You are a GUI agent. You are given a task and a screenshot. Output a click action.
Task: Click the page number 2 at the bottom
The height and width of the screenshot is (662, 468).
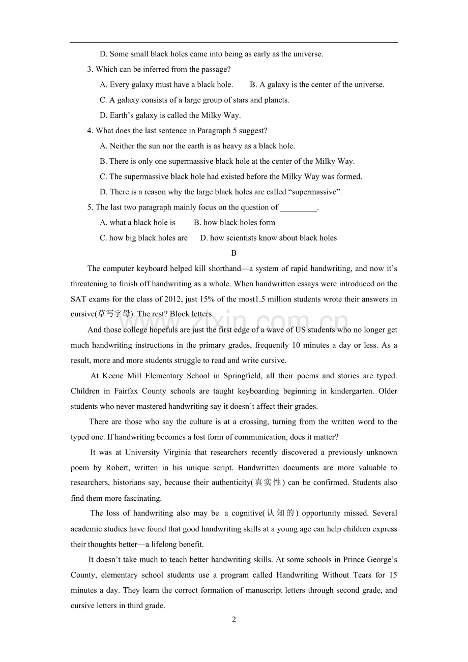coord(234,620)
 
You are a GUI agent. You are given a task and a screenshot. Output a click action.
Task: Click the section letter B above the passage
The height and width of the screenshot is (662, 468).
coord(234,253)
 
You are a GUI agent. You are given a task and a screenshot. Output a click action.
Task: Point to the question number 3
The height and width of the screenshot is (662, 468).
coord(90,70)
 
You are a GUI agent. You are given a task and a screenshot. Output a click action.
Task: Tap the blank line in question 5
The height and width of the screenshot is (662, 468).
coord(298,207)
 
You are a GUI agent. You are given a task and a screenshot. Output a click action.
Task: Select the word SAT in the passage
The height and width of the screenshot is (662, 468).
coord(78,299)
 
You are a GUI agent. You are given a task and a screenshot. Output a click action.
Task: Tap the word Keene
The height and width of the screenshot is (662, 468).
coord(113,376)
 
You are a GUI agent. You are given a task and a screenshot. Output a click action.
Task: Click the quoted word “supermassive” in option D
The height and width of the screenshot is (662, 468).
coord(315,192)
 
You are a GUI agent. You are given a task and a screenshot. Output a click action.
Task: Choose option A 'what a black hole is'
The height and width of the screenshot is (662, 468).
coord(138,223)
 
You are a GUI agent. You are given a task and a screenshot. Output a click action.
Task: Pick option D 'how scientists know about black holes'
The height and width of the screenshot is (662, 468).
coord(268,238)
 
